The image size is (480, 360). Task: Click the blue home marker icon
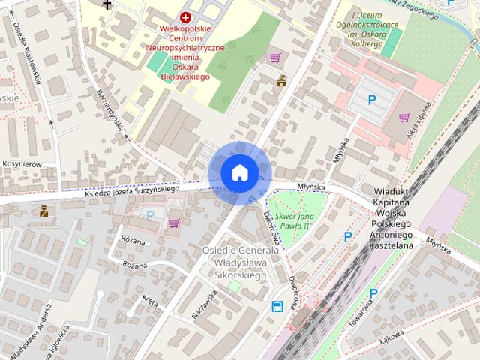click(240, 172)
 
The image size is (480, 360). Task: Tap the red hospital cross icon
click(185, 17)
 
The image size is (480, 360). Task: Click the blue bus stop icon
click(277, 306)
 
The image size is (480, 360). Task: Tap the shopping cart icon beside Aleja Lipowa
click(405, 118)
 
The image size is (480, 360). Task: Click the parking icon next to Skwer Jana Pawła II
click(347, 237)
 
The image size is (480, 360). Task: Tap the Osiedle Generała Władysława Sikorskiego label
click(234, 262)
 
